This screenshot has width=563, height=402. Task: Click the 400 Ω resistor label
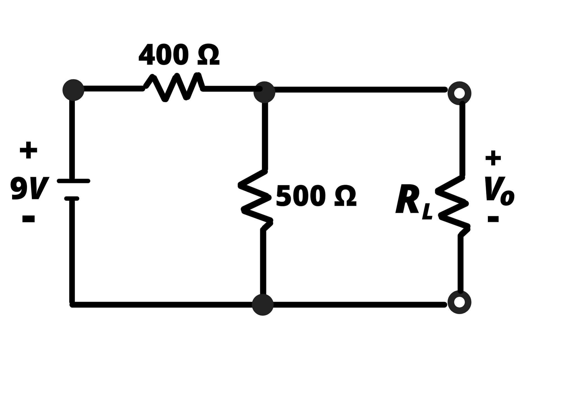point(179,55)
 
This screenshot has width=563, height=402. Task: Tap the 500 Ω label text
point(316,196)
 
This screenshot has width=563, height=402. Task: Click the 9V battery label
point(29,188)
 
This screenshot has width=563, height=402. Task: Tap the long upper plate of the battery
point(73,181)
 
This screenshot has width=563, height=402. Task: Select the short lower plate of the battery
point(72,199)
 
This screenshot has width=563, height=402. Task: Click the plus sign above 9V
point(28,150)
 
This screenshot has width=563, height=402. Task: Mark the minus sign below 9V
point(28,219)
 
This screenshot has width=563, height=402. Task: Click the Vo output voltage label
point(499,191)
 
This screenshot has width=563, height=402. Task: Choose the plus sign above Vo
point(493,158)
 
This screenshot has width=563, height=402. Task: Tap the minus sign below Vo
point(493,219)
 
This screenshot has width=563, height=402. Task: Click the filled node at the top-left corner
point(73,90)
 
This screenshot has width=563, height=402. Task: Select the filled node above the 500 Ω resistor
point(264,92)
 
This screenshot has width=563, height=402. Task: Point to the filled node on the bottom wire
point(263,305)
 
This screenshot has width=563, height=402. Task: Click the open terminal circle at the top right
point(459,93)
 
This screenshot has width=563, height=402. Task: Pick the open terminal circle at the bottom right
point(459,302)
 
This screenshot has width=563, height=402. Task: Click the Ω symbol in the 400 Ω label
point(208,55)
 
